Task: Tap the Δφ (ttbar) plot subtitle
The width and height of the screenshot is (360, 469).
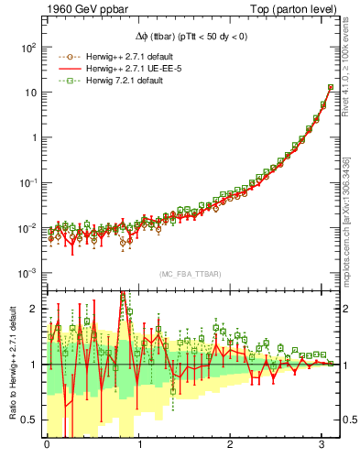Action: coord(191,33)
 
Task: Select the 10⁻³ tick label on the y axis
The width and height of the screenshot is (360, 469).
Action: coord(29,274)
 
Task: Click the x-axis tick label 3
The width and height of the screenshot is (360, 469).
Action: coord(322,445)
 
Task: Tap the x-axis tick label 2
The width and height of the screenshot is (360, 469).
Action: coord(231,445)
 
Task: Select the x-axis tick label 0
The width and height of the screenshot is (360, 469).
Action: coord(47,445)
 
